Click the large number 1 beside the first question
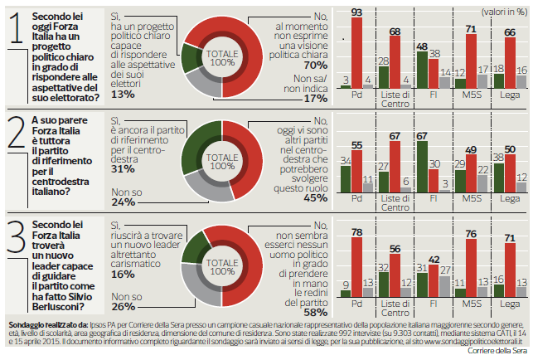coord(17,28)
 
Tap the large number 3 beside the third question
coord(17,236)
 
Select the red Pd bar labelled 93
coord(356,53)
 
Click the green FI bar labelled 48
coord(422,71)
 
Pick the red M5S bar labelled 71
coord(471,61)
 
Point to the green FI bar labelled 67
coord(422,167)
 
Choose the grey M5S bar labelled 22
coord(482,184)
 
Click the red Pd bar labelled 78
coord(356,267)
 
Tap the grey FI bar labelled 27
coord(444,286)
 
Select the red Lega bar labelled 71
coord(510,270)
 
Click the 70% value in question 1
coord(316,65)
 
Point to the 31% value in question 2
coord(123,169)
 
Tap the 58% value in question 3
coord(316,313)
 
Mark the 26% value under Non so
coord(123,307)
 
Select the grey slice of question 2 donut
coord(207,187)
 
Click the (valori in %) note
coord(505,12)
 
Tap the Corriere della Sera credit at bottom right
coord(497,351)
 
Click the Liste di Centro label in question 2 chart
coord(395,202)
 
